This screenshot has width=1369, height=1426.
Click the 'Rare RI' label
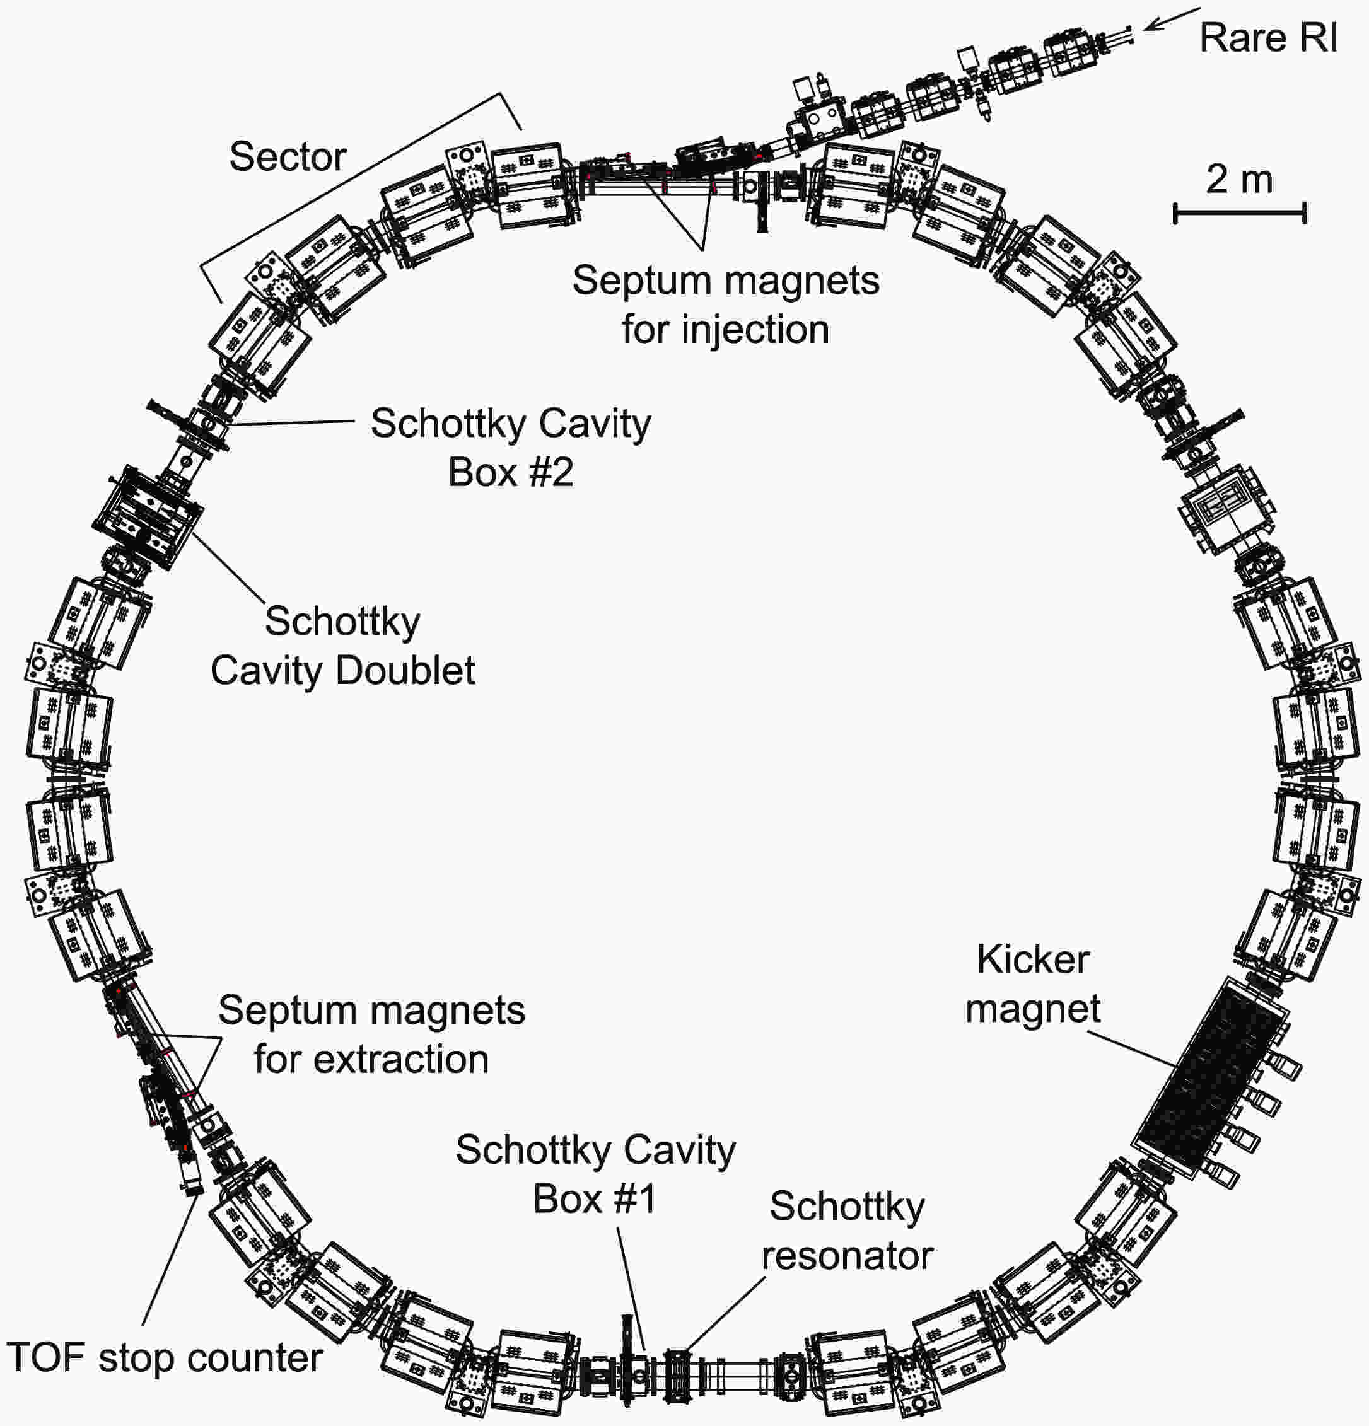coord(1268,38)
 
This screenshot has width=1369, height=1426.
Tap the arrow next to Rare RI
coord(1170,20)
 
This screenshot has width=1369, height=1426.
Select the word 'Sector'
coord(288,156)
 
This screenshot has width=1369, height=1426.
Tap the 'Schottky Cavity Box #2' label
coord(510,448)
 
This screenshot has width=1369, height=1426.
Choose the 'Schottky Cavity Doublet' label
coord(342,646)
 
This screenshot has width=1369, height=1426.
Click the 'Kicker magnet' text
coord(1033,983)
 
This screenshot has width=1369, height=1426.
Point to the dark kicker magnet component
coord(1209,1077)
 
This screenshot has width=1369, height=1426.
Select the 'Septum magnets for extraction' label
coord(371,1035)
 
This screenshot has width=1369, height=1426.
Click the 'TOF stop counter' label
coord(164,1358)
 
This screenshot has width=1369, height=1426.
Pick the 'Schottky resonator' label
coord(847,1231)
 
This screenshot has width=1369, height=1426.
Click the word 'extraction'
coord(401,1059)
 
